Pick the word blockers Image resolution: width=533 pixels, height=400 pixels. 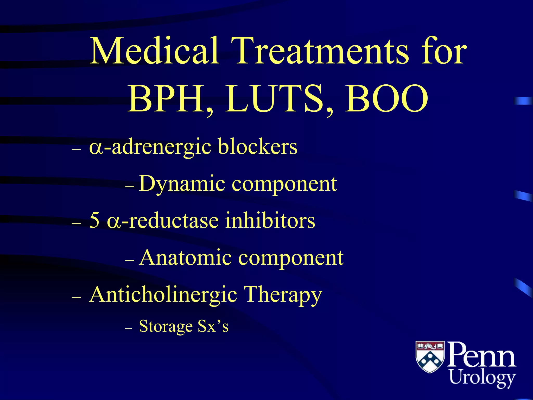click(x=258, y=146)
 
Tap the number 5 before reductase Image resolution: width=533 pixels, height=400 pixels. click(x=94, y=220)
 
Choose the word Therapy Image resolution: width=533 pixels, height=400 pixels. click(x=283, y=295)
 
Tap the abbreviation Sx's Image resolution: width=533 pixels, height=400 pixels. click(x=213, y=326)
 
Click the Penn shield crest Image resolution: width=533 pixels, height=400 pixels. click(x=430, y=357)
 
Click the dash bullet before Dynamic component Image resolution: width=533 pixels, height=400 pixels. click(x=130, y=186)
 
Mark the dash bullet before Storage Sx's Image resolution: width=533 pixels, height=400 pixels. click(x=129, y=329)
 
